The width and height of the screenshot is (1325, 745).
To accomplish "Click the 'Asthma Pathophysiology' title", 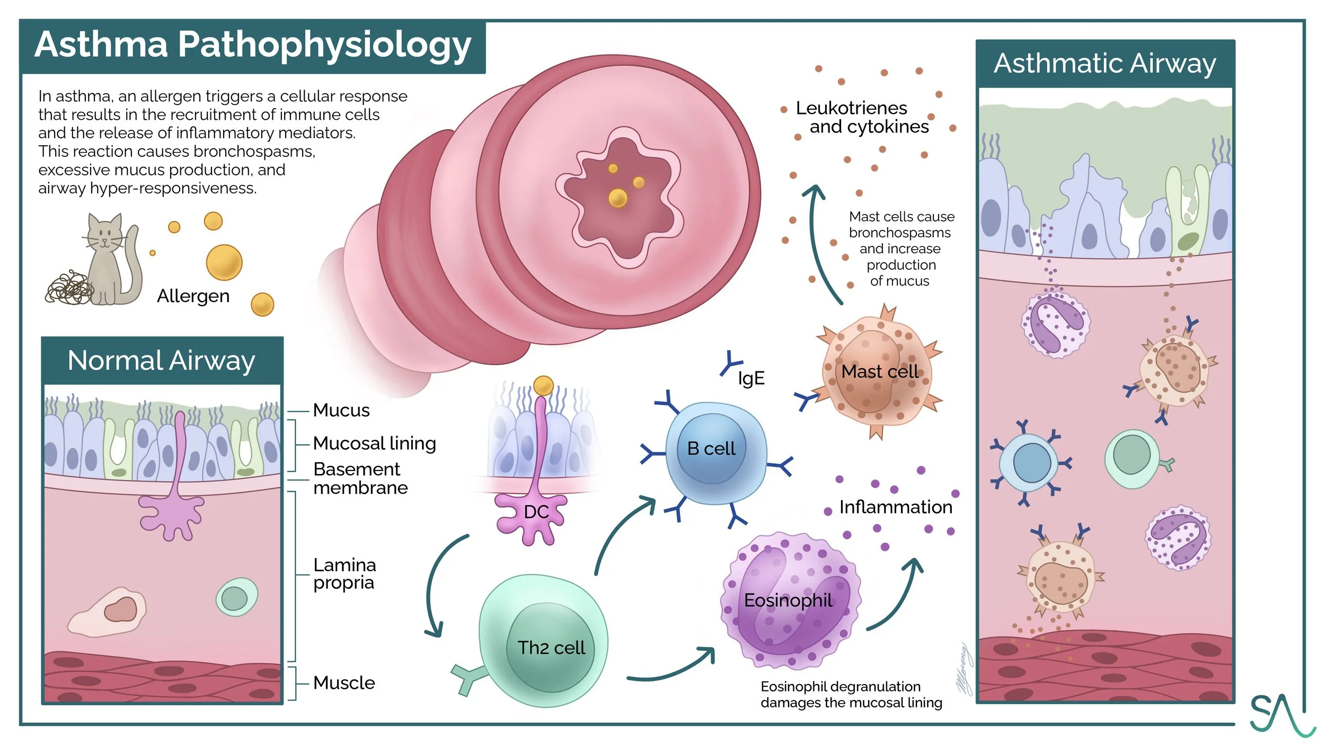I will point(252,46).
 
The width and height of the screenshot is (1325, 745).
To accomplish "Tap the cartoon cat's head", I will point(104,233).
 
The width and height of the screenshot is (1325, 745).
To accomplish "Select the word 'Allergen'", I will point(193,296).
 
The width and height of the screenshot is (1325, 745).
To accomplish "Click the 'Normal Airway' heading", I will point(162,361).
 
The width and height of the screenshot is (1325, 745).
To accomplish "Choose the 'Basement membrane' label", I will point(360,478).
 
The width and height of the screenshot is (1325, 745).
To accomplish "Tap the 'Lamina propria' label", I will point(344,574).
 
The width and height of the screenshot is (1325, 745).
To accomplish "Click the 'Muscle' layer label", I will point(344,683).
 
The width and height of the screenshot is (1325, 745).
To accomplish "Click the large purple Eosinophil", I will point(790,601).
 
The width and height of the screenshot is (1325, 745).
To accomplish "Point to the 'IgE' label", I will point(751,378).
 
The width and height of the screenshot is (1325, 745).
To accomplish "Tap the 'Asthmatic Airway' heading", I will point(1105,64).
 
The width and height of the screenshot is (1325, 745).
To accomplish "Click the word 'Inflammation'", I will point(896,508).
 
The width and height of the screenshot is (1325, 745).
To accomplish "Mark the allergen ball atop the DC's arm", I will point(543,386).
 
